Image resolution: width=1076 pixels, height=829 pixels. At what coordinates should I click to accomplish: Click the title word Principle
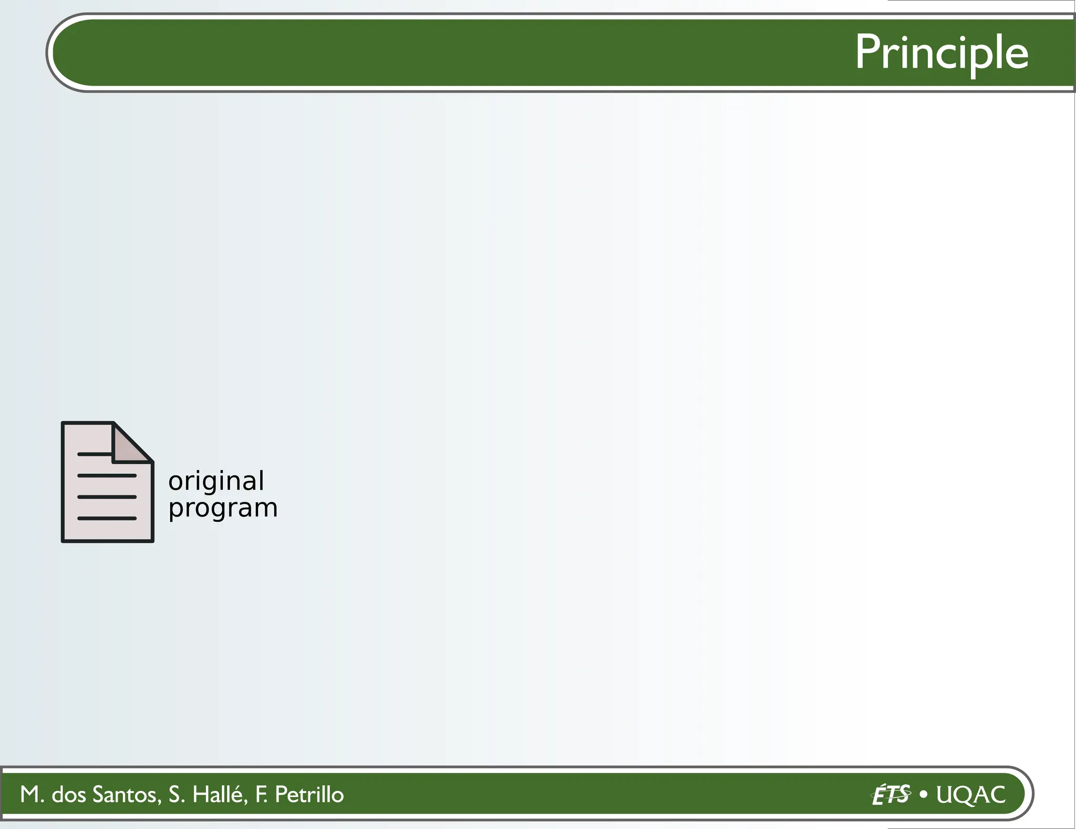click(x=941, y=53)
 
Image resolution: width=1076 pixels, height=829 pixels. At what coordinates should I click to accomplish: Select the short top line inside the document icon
click(x=95, y=454)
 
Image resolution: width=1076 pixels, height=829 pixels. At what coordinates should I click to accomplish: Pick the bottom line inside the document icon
click(x=107, y=518)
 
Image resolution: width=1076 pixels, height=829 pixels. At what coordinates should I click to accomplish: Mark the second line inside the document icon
click(x=107, y=475)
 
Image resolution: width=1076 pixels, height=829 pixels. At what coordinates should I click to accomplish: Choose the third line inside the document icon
click(x=107, y=496)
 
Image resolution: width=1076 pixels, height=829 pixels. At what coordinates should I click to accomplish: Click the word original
click(x=216, y=481)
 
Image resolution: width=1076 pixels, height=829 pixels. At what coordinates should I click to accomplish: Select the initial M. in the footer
click(x=32, y=794)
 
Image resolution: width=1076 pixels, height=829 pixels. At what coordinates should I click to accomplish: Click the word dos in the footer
click(x=69, y=794)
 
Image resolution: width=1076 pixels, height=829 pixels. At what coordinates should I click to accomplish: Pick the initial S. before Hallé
click(x=177, y=794)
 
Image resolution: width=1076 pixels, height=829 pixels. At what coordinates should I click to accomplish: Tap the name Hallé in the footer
click(x=220, y=794)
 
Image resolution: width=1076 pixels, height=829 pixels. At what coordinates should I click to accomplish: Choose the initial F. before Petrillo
click(x=261, y=794)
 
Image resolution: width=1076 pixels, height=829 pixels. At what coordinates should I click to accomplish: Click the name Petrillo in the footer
click(x=309, y=794)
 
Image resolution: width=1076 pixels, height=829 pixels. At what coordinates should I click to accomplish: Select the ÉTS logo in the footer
click(x=891, y=794)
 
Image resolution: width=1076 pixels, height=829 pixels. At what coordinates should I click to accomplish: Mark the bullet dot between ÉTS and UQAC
click(x=924, y=794)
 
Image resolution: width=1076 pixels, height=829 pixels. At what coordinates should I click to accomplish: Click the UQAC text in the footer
click(x=971, y=794)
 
